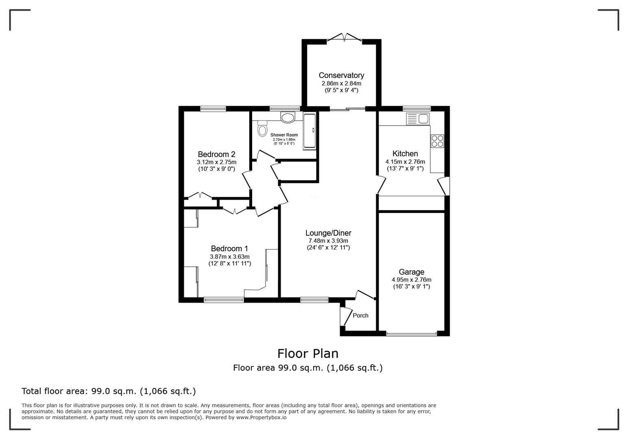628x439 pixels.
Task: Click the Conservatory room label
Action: coord(341,75)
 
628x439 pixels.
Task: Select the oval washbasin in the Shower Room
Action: coord(288,117)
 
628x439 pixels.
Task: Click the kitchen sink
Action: coord(417,119)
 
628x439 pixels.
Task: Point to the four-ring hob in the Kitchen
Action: coord(438,141)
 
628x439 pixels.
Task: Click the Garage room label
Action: coord(411,272)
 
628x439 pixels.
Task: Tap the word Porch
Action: coord(360,315)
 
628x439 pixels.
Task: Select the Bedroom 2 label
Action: coord(216,154)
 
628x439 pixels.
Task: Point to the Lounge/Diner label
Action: coord(328,233)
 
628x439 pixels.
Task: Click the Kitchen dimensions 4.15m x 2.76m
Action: coord(405,161)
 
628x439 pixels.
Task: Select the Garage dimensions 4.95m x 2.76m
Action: coord(411,280)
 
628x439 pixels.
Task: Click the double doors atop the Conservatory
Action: coord(345,38)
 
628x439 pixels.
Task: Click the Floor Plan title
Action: coord(307,353)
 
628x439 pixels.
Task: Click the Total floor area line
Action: coord(109,391)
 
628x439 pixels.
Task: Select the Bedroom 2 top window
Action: coord(213,109)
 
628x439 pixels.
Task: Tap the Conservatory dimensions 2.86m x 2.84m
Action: coord(341,83)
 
